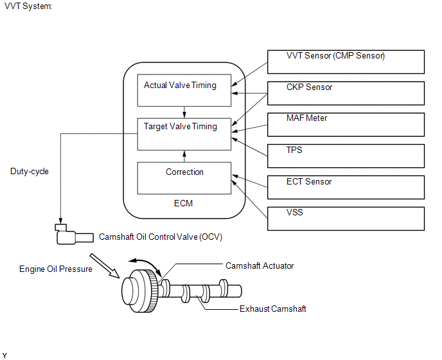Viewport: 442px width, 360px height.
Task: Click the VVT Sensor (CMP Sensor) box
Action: tap(346, 62)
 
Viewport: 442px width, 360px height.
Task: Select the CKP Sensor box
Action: tap(346, 93)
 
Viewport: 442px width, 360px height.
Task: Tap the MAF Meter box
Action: tap(346, 125)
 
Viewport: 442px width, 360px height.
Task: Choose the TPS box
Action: tap(346, 156)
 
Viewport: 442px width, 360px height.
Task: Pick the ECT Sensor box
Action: tap(346, 187)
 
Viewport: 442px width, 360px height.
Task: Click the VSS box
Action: tap(346, 219)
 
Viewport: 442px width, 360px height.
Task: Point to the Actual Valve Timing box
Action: tap(184, 90)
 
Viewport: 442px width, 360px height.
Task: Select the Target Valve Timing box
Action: tap(184, 134)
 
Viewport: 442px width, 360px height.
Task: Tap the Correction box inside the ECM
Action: tap(184, 178)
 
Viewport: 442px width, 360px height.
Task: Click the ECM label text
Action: tap(183, 203)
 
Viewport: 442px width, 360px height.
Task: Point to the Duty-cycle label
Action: tap(30, 172)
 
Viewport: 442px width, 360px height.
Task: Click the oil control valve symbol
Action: tap(74, 235)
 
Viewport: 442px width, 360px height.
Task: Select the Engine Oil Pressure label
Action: tap(55, 269)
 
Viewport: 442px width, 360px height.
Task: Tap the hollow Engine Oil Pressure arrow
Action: tap(105, 265)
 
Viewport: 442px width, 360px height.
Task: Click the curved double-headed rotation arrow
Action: tap(146, 265)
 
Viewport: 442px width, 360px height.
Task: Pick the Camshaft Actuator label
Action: tap(260, 265)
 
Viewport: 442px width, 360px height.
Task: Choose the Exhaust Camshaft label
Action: tap(273, 309)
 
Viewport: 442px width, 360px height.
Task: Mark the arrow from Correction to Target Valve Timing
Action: tap(184, 156)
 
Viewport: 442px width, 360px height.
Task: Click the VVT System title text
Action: tap(28, 6)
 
